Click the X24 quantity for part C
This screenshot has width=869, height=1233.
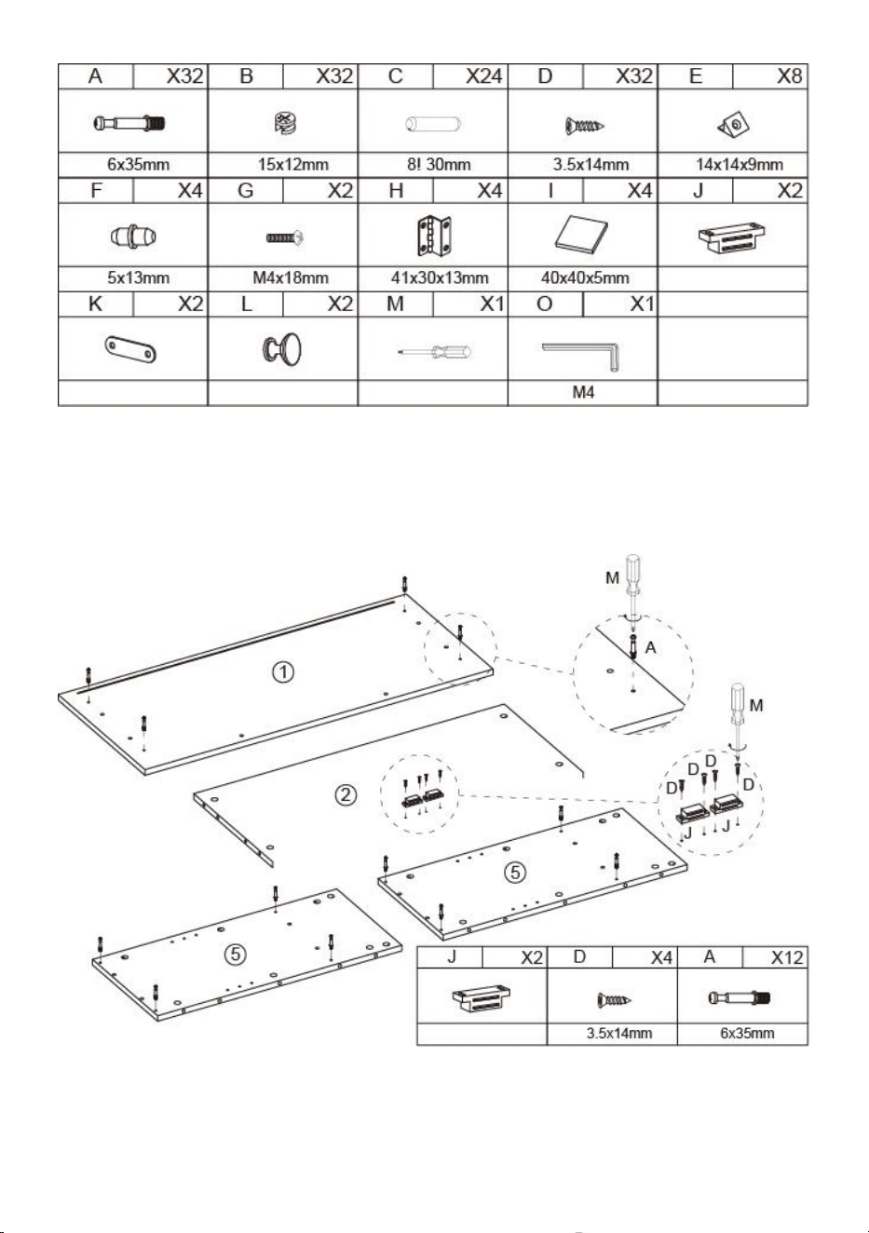click(x=483, y=76)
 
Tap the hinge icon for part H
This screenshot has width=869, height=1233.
click(x=433, y=237)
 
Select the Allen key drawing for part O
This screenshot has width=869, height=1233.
click(x=582, y=355)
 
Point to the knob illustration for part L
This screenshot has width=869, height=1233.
click(x=282, y=349)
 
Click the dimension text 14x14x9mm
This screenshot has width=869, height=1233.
click(x=739, y=165)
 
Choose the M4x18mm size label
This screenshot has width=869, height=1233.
click(x=291, y=278)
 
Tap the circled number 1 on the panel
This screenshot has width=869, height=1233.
click(x=283, y=672)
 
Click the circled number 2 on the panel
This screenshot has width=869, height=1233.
click(x=346, y=795)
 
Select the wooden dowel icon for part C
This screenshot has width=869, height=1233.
click(x=433, y=124)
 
